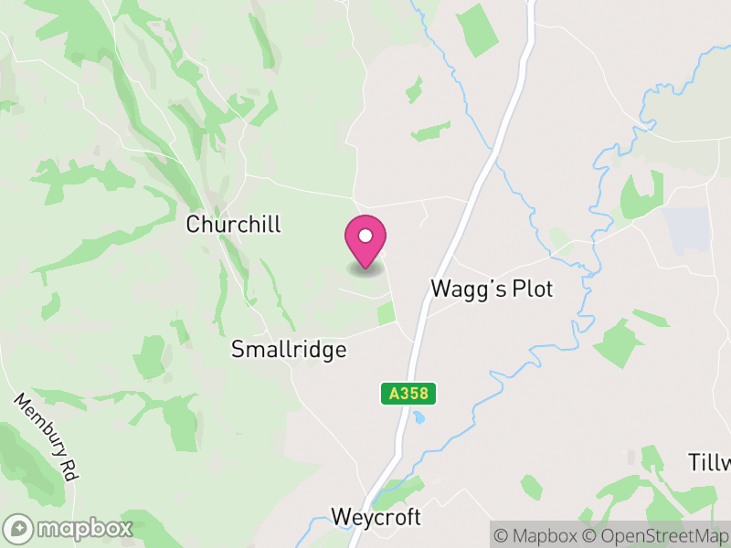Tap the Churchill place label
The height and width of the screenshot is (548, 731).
click(x=234, y=225)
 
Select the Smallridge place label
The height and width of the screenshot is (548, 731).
click(x=289, y=350)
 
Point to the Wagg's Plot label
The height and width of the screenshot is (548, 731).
click(x=492, y=290)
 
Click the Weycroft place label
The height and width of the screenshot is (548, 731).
click(x=376, y=518)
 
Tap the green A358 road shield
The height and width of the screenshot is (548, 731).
click(x=408, y=394)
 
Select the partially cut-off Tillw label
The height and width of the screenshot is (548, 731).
click(x=709, y=462)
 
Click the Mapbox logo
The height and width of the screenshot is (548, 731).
click(x=69, y=528)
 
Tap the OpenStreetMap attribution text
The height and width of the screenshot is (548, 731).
click(x=659, y=535)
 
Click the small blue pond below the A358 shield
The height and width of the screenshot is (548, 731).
click(x=418, y=417)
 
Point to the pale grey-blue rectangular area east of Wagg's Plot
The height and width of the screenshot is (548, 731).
click(x=687, y=229)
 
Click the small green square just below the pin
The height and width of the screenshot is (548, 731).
click(x=387, y=313)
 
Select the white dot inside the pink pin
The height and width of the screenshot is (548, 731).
click(x=365, y=236)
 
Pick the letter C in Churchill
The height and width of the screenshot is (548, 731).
click(x=194, y=225)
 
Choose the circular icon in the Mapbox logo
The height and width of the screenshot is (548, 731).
click(x=18, y=528)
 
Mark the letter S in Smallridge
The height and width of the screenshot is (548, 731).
click(x=238, y=350)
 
